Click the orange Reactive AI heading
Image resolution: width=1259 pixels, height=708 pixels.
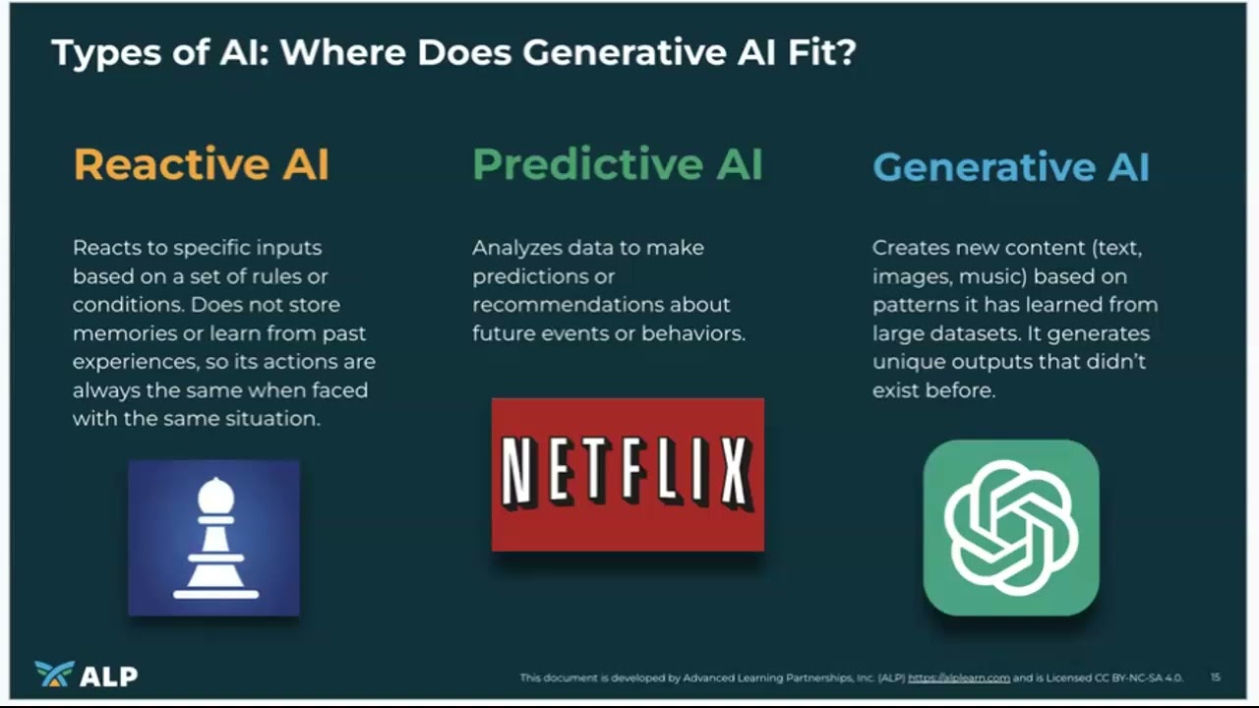pos(201,164)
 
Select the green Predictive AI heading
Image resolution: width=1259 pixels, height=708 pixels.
pos(618,164)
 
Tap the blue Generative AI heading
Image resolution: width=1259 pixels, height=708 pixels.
pos(1010,166)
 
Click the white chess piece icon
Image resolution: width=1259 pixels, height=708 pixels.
pos(214,538)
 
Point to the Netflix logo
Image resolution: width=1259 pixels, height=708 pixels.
pos(628,474)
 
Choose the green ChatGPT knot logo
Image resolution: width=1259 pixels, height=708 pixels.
pos(1010,528)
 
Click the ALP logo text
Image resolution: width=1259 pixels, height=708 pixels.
pos(108,676)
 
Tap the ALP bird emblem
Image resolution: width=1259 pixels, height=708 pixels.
pos(53,674)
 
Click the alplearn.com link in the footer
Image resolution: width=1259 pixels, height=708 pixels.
pos(958,678)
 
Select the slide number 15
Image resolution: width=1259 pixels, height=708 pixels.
pos(1216,677)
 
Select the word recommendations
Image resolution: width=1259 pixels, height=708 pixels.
pos(568,305)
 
